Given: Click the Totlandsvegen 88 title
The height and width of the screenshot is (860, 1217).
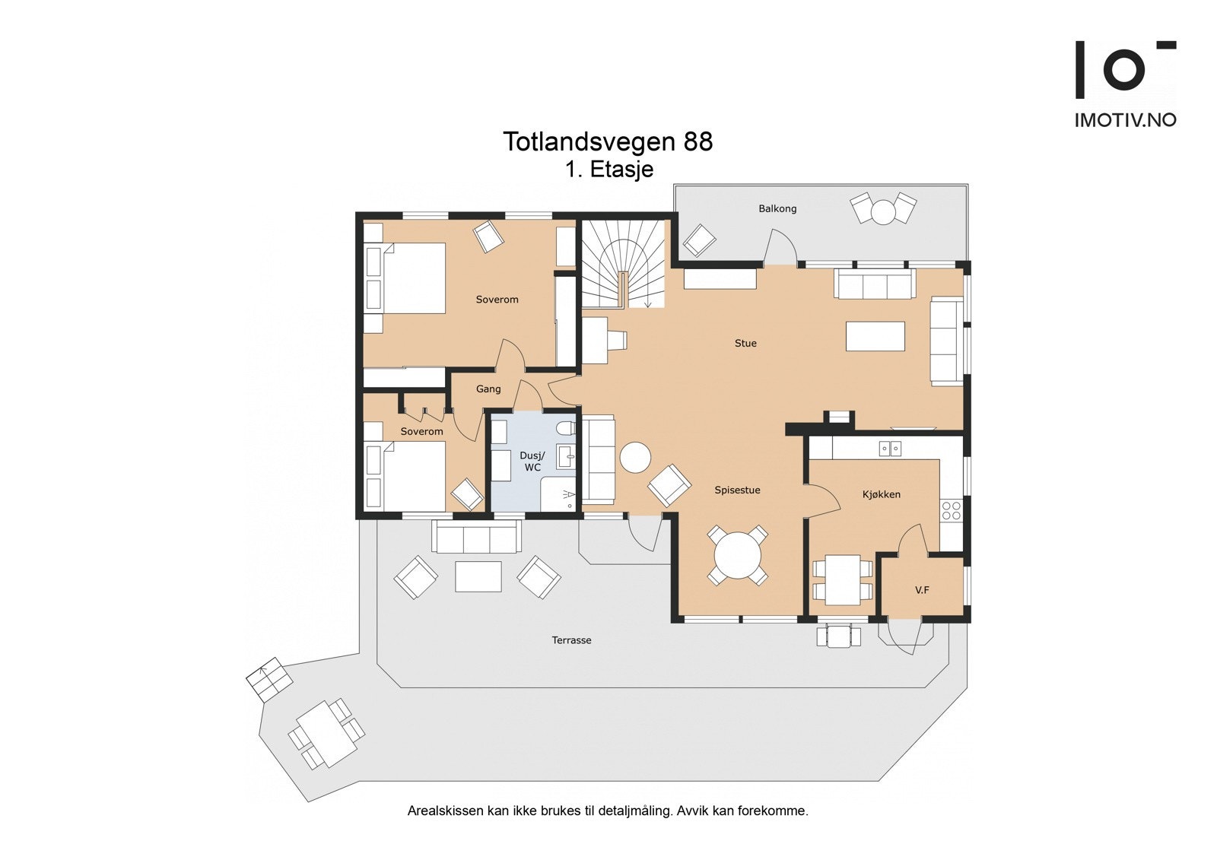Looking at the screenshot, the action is pos(608,141).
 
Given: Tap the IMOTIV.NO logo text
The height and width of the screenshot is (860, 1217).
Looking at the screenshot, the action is pos(1125,120).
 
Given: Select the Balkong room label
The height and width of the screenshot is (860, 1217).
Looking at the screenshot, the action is pos(777,208).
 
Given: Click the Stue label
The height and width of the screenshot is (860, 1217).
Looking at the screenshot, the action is pos(745,344).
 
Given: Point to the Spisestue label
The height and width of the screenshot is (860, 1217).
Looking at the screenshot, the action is pos(737,490).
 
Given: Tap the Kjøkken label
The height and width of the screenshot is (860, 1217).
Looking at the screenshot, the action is pos(882,494).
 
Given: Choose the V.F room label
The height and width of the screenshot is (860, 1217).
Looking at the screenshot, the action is pos(922,590).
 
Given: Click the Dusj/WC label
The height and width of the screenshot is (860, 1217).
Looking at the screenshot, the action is pos(532,462).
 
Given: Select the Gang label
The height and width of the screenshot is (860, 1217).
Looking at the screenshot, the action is pos(488,389).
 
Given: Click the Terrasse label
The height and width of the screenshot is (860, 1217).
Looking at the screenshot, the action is pos(571,640).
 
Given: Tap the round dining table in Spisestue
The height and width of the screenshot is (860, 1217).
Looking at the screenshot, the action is pos(738,555).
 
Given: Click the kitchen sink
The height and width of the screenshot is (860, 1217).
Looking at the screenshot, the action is pos(890,449).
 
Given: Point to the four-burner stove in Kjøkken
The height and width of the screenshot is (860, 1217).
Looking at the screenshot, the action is pos(952,511).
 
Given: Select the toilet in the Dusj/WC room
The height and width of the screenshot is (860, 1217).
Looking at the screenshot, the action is pos(565,429).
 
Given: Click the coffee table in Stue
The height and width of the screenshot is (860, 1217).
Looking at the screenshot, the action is pos(875,336).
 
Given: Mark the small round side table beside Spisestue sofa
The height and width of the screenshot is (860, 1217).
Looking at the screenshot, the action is pos(636,458).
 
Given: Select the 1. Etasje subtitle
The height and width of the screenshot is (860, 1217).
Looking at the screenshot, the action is pos(609,170).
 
